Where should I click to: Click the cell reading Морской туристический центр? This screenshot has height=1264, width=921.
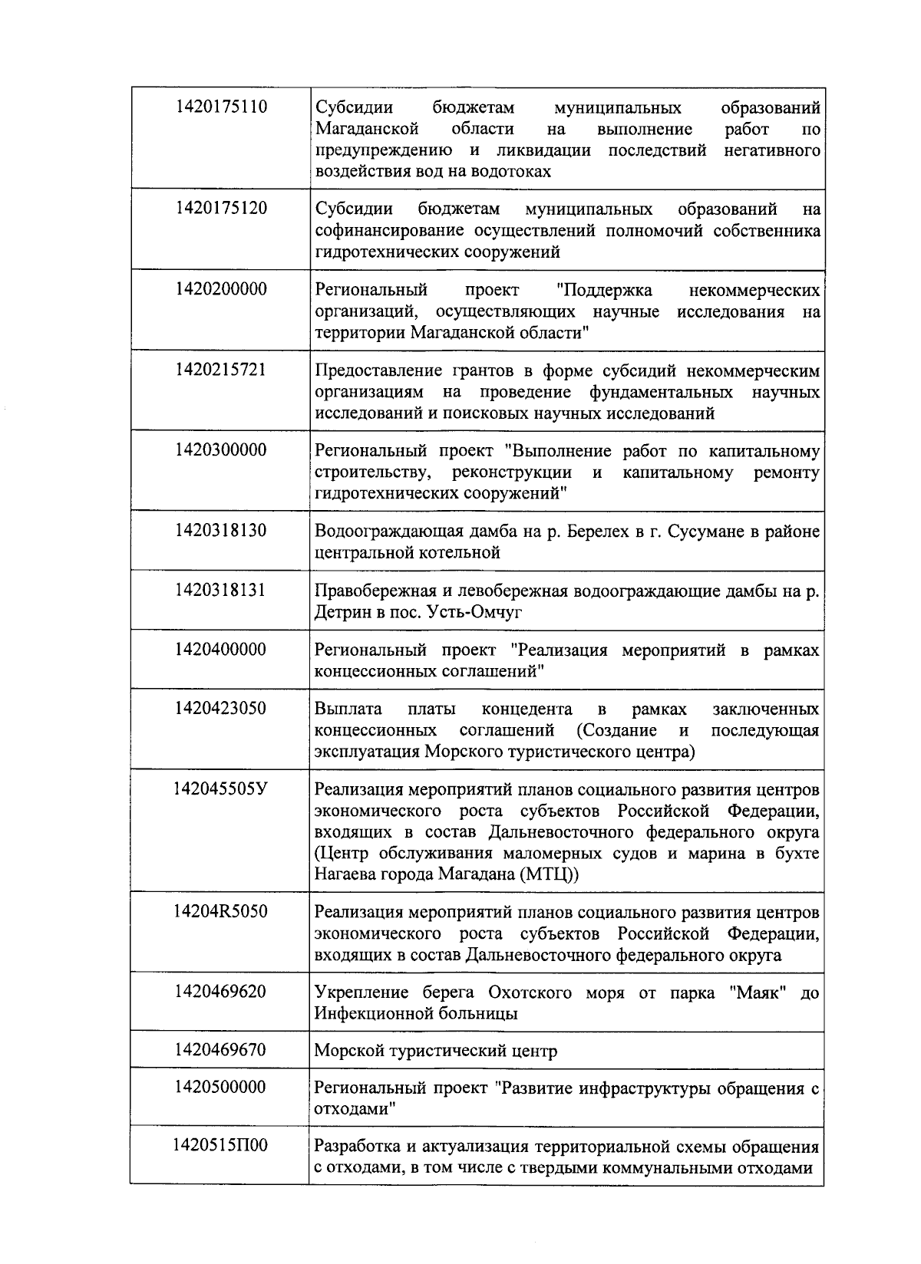(435, 1051)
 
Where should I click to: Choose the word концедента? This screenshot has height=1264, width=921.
(527, 709)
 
